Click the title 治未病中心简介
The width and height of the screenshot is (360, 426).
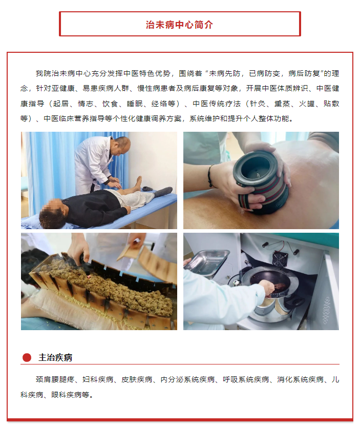[x=179, y=25]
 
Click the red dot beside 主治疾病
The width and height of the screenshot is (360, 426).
[x=27, y=357]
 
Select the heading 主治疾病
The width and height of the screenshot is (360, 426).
[x=55, y=357]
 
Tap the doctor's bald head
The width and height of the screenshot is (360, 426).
[x=122, y=144]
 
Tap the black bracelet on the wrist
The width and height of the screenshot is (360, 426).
[x=210, y=176]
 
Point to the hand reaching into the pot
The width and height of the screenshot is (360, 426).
[x=267, y=288]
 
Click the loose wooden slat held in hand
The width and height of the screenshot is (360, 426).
[x=130, y=251]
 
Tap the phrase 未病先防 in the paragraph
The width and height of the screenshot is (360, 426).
[x=224, y=73]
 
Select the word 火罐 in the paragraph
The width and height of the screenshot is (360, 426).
[x=307, y=104]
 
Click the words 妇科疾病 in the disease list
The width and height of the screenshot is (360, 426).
[x=98, y=379]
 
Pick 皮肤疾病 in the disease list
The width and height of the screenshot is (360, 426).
[x=137, y=379]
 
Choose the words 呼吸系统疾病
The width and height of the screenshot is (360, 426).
[x=246, y=379]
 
